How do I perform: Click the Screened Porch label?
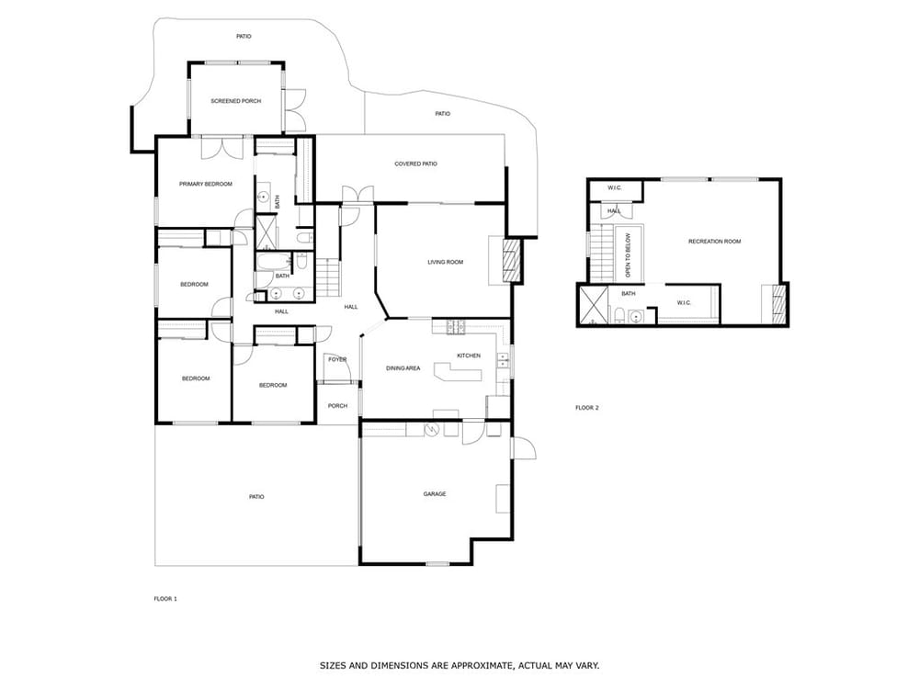(x=235, y=101)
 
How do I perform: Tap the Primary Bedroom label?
(x=206, y=184)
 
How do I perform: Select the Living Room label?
(x=446, y=262)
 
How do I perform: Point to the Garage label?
(x=435, y=494)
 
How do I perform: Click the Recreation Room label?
(x=714, y=242)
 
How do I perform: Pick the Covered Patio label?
(x=415, y=164)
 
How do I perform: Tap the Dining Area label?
(x=403, y=368)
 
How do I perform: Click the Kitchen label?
(x=469, y=356)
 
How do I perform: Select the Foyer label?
(x=337, y=360)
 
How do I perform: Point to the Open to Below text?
(x=629, y=255)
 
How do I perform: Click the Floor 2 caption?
(x=586, y=408)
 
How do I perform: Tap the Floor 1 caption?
(x=165, y=599)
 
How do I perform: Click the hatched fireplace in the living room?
(x=512, y=260)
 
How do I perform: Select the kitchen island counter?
(x=457, y=372)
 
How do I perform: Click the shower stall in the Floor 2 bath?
(x=593, y=305)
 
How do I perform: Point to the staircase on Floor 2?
(x=600, y=253)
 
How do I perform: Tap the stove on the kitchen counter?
(x=456, y=327)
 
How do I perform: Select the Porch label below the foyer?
(x=337, y=406)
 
